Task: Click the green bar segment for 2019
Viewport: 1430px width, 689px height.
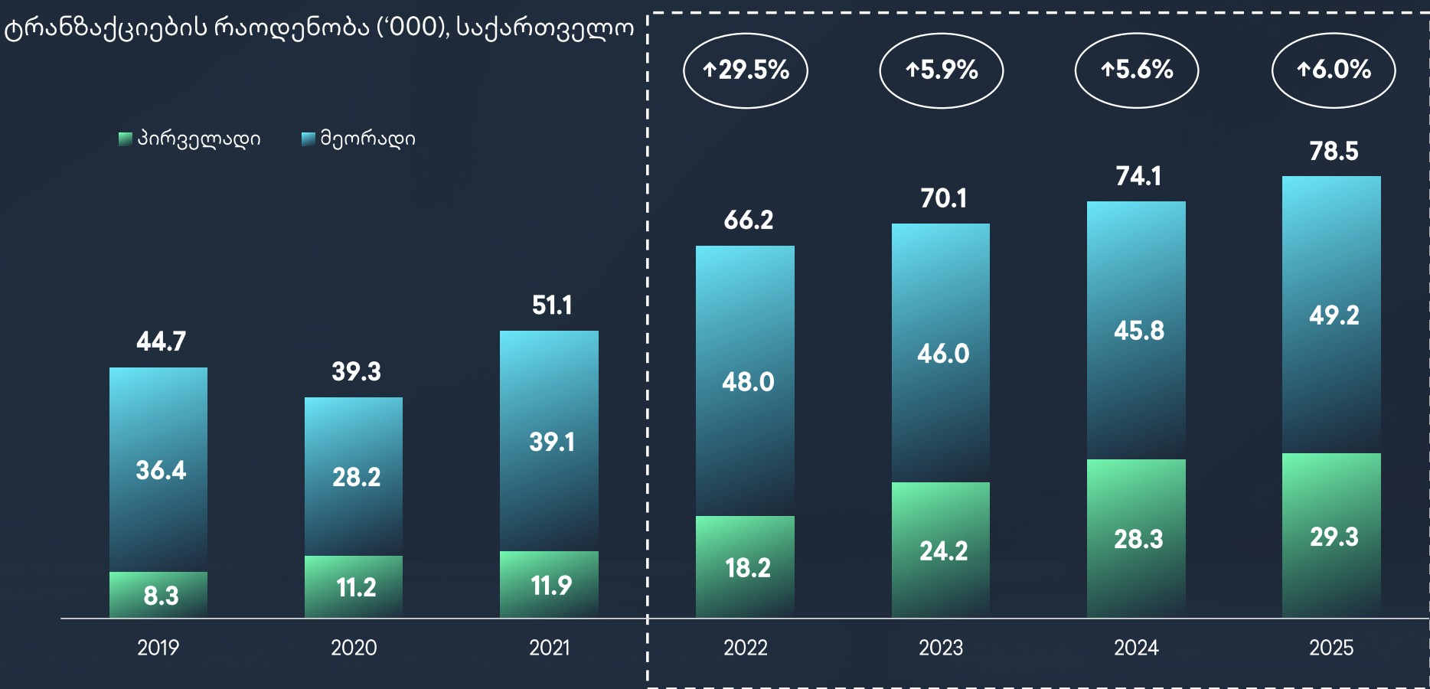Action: point(158,594)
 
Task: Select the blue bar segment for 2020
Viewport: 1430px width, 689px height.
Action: point(354,476)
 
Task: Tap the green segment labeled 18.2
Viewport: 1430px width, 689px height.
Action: point(745,567)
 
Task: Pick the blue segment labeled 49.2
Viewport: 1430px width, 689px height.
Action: point(1331,315)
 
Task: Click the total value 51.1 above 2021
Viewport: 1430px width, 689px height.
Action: point(551,305)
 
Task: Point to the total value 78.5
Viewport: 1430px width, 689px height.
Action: point(1333,152)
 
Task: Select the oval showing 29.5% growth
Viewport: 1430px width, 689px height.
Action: point(745,70)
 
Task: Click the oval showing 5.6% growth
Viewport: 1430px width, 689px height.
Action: point(1137,70)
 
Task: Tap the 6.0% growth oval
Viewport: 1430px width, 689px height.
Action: point(1333,70)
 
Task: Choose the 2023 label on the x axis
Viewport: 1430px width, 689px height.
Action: point(941,648)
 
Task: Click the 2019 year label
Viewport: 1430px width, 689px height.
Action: point(158,648)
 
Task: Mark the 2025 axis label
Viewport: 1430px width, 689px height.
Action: point(1331,648)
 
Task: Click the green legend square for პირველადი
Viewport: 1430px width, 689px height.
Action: point(126,139)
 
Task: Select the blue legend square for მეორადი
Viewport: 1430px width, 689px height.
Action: point(309,139)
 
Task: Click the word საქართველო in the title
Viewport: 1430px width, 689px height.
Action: point(545,28)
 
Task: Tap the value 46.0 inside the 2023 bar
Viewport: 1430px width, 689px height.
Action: point(942,354)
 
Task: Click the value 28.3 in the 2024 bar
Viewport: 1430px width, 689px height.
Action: point(1138,539)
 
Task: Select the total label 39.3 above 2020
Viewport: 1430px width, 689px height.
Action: point(356,372)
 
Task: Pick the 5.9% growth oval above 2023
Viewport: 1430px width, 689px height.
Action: point(941,70)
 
